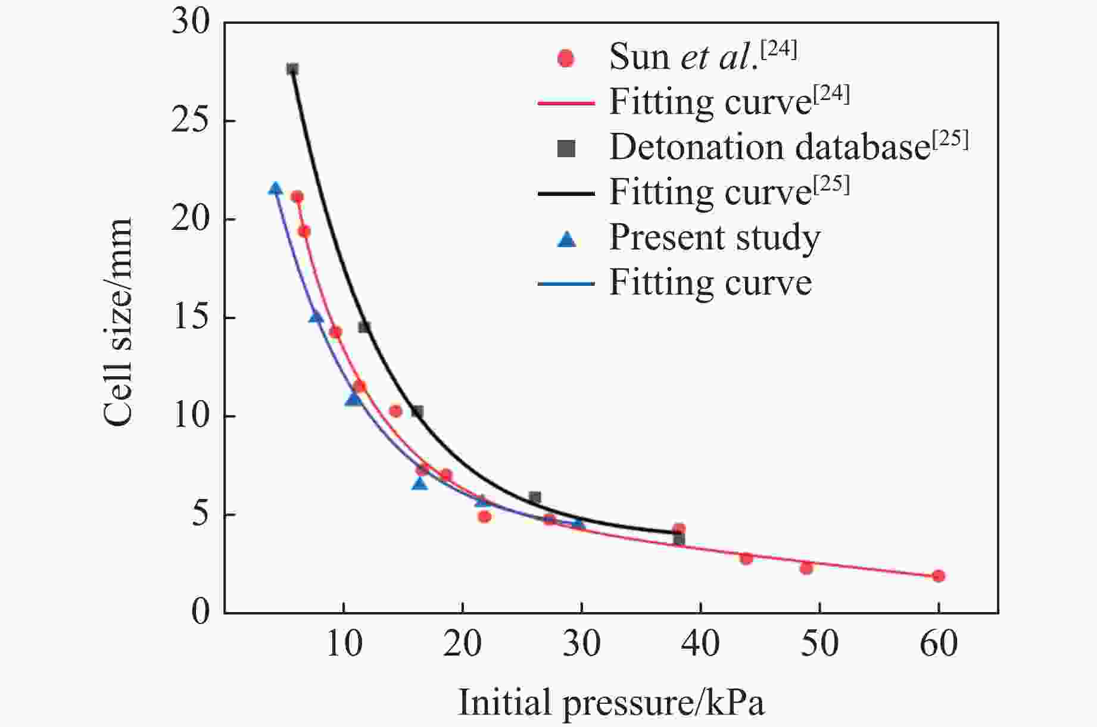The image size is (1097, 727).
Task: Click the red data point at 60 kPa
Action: (939, 576)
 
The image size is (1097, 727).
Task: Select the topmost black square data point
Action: (292, 69)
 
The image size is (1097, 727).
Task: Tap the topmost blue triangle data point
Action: (275, 189)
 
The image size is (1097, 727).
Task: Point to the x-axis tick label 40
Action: (700, 644)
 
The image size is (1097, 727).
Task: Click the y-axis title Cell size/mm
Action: (117, 322)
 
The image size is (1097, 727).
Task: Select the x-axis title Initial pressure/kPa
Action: (611, 703)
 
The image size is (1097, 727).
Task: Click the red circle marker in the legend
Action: (566, 58)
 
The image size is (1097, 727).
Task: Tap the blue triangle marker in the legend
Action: (566, 239)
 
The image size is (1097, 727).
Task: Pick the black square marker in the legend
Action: (566, 149)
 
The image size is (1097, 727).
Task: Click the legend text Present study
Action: (714, 238)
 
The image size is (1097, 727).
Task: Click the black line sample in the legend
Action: (566, 194)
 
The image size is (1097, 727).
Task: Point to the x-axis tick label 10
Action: (344, 644)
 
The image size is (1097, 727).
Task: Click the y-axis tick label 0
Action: (201, 613)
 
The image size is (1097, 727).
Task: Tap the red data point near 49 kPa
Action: (806, 568)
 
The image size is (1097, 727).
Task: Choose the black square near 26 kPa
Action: (535, 497)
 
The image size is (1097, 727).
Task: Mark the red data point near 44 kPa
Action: (746, 558)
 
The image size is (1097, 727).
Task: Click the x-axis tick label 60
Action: (939, 644)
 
